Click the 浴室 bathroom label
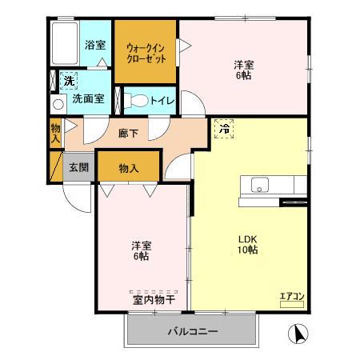[x=94, y=46]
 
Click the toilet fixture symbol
[x=138, y=102]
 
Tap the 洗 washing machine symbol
[x=69, y=80]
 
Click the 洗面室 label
[x=88, y=100]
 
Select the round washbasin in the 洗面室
[x=58, y=104]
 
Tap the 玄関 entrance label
[x=78, y=168]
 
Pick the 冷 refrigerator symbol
[x=225, y=127]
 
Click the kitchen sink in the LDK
[x=261, y=186]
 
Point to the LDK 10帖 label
[x=246, y=244]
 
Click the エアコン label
[x=291, y=298]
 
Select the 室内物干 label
[x=154, y=301]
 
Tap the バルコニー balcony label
[x=192, y=331]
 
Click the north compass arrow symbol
[x=296, y=333]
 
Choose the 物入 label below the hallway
[x=129, y=168]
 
